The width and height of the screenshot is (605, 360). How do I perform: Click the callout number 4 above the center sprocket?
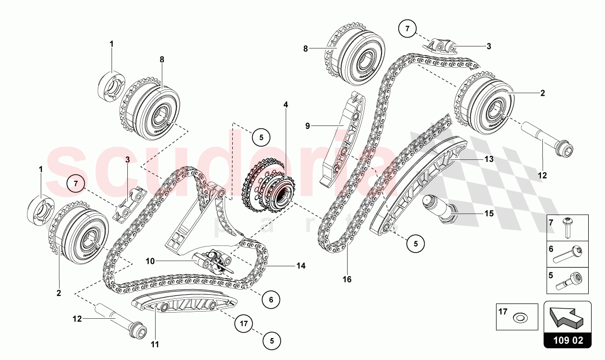(x=286, y=104)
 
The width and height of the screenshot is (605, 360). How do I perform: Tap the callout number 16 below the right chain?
(x=347, y=279)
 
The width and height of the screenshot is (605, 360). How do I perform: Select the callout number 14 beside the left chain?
(x=301, y=266)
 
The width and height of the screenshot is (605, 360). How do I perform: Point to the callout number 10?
(x=150, y=261)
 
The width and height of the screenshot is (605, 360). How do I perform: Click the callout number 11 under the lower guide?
(x=155, y=344)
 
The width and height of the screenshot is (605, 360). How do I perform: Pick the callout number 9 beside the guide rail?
(x=308, y=125)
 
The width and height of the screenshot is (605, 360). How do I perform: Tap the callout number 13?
(x=489, y=159)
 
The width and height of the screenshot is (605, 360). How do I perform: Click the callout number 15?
(x=489, y=214)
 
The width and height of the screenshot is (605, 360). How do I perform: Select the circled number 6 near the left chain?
(x=271, y=300)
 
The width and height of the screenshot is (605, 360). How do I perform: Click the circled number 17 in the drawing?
(x=244, y=322)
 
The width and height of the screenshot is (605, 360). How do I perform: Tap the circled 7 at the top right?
(x=407, y=30)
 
